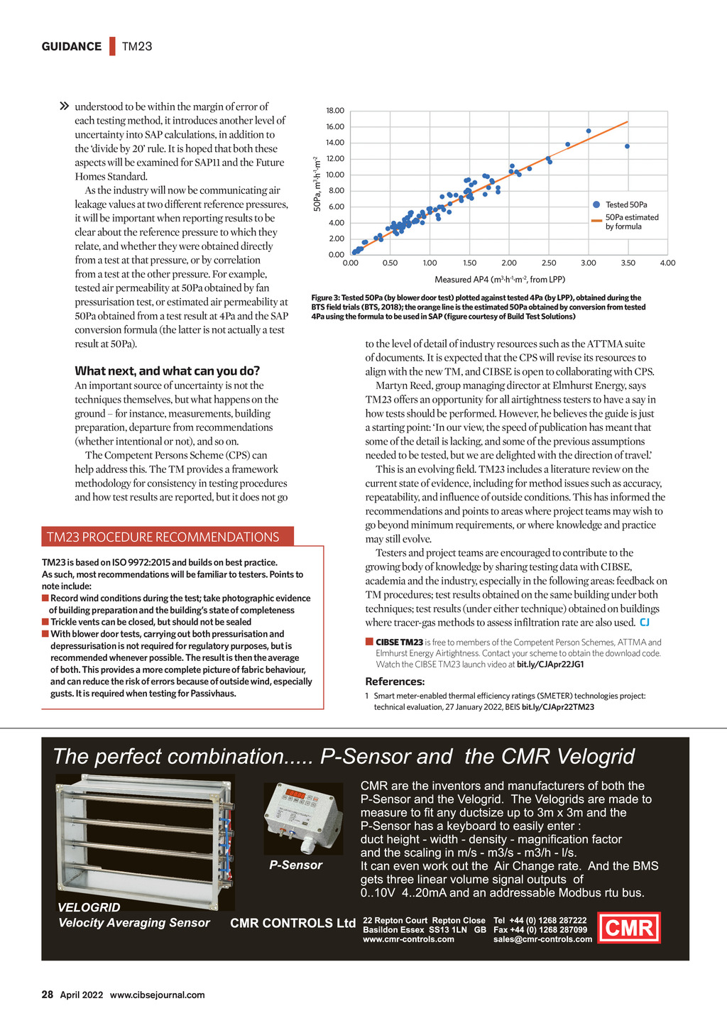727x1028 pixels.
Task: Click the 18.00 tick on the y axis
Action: tap(335, 111)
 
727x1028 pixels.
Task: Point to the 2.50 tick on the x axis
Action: tap(549, 263)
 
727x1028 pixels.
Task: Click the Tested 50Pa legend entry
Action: tap(625, 204)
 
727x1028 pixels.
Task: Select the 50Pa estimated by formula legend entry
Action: tap(631, 222)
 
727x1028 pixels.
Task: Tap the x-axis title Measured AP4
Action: tap(500, 280)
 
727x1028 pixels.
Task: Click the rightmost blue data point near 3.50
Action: tap(627, 146)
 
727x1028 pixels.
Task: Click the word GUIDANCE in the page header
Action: tap(72, 47)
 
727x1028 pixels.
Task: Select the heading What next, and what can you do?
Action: tap(168, 371)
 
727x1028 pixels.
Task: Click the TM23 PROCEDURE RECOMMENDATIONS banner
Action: tap(163, 537)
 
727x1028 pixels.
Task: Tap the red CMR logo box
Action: tap(629, 927)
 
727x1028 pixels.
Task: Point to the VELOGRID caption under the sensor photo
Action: tap(89, 907)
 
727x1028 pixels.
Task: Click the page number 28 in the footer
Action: tap(48, 995)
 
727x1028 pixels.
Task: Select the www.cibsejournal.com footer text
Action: tap(157, 995)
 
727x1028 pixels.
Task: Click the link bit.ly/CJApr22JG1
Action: tap(550, 665)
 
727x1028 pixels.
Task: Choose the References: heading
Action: tap(395, 682)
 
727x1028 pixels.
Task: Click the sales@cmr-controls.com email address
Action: tap(542, 939)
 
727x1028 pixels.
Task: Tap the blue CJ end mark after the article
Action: tap(645, 623)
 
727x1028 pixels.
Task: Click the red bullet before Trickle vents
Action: tap(45, 622)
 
